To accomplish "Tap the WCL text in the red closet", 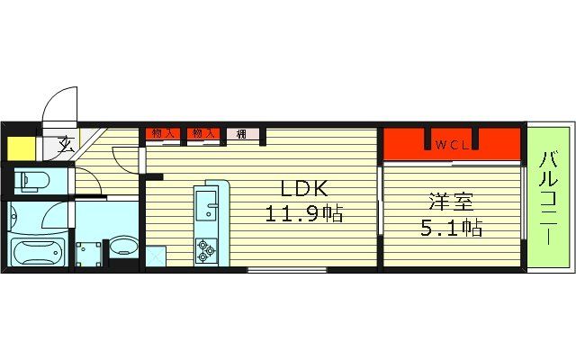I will click(450, 144).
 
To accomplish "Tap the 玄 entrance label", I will click(67, 142).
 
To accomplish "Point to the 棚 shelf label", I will click(242, 135).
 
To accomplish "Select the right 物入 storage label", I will click(203, 134).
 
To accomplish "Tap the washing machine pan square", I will click(89, 253).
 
